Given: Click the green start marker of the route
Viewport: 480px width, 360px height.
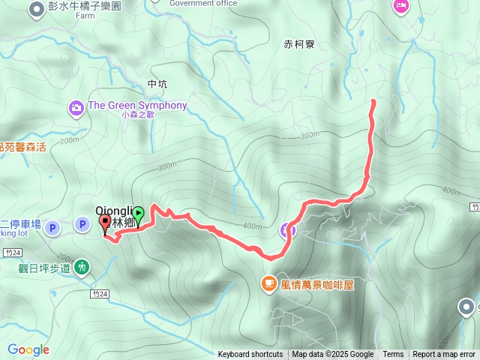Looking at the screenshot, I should pyautogui.click(x=138, y=214).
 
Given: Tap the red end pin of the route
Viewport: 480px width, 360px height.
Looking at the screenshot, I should pyautogui.click(x=104, y=223).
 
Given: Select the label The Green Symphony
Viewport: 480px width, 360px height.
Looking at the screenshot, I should pyautogui.click(x=136, y=105).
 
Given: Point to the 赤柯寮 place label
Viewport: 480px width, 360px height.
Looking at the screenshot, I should pyautogui.click(x=299, y=44).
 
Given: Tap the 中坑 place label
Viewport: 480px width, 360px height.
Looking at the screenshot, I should pyautogui.click(x=159, y=84).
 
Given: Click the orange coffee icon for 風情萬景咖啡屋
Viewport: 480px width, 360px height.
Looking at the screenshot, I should pyautogui.click(x=268, y=283).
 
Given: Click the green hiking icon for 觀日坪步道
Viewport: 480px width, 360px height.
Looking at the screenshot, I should pyautogui.click(x=82, y=265).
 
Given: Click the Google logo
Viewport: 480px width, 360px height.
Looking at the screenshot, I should pyautogui.click(x=28, y=349).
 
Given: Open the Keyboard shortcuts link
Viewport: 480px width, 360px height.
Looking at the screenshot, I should pyautogui.click(x=250, y=355).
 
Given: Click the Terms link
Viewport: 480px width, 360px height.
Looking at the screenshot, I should pyautogui.click(x=393, y=355).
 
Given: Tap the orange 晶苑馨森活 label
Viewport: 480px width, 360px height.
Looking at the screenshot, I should pyautogui.click(x=22, y=147).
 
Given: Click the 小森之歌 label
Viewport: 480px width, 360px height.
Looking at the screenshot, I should pyautogui.click(x=136, y=115).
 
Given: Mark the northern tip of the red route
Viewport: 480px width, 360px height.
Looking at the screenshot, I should pyautogui.click(x=373, y=100).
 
